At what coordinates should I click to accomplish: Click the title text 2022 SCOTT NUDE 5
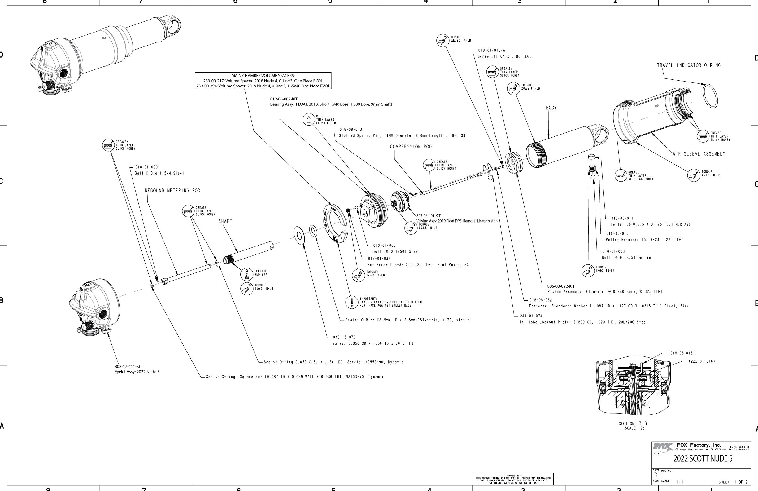click(x=703, y=458)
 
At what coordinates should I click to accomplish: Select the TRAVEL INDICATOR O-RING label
click(x=689, y=65)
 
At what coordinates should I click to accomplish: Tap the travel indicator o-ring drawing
click(x=710, y=96)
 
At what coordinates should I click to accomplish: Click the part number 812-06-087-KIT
click(x=283, y=99)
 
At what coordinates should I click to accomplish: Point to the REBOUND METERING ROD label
click(x=172, y=191)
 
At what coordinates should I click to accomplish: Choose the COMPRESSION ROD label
click(x=411, y=147)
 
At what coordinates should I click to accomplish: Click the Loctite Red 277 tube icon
click(x=246, y=274)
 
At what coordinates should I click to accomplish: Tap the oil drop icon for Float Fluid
click(x=308, y=119)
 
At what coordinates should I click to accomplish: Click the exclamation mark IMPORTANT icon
click(x=352, y=302)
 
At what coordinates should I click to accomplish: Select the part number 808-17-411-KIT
click(x=129, y=367)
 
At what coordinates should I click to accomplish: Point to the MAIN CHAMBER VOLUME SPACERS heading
click(x=263, y=76)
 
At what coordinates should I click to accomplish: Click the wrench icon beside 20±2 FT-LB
click(x=513, y=88)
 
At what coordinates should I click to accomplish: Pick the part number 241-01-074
click(x=531, y=316)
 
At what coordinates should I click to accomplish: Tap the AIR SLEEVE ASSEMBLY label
click(x=699, y=154)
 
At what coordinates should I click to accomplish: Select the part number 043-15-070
click(x=344, y=337)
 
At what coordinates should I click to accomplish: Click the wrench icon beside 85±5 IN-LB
click(x=246, y=289)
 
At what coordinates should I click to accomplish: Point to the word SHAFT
click(x=225, y=221)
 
